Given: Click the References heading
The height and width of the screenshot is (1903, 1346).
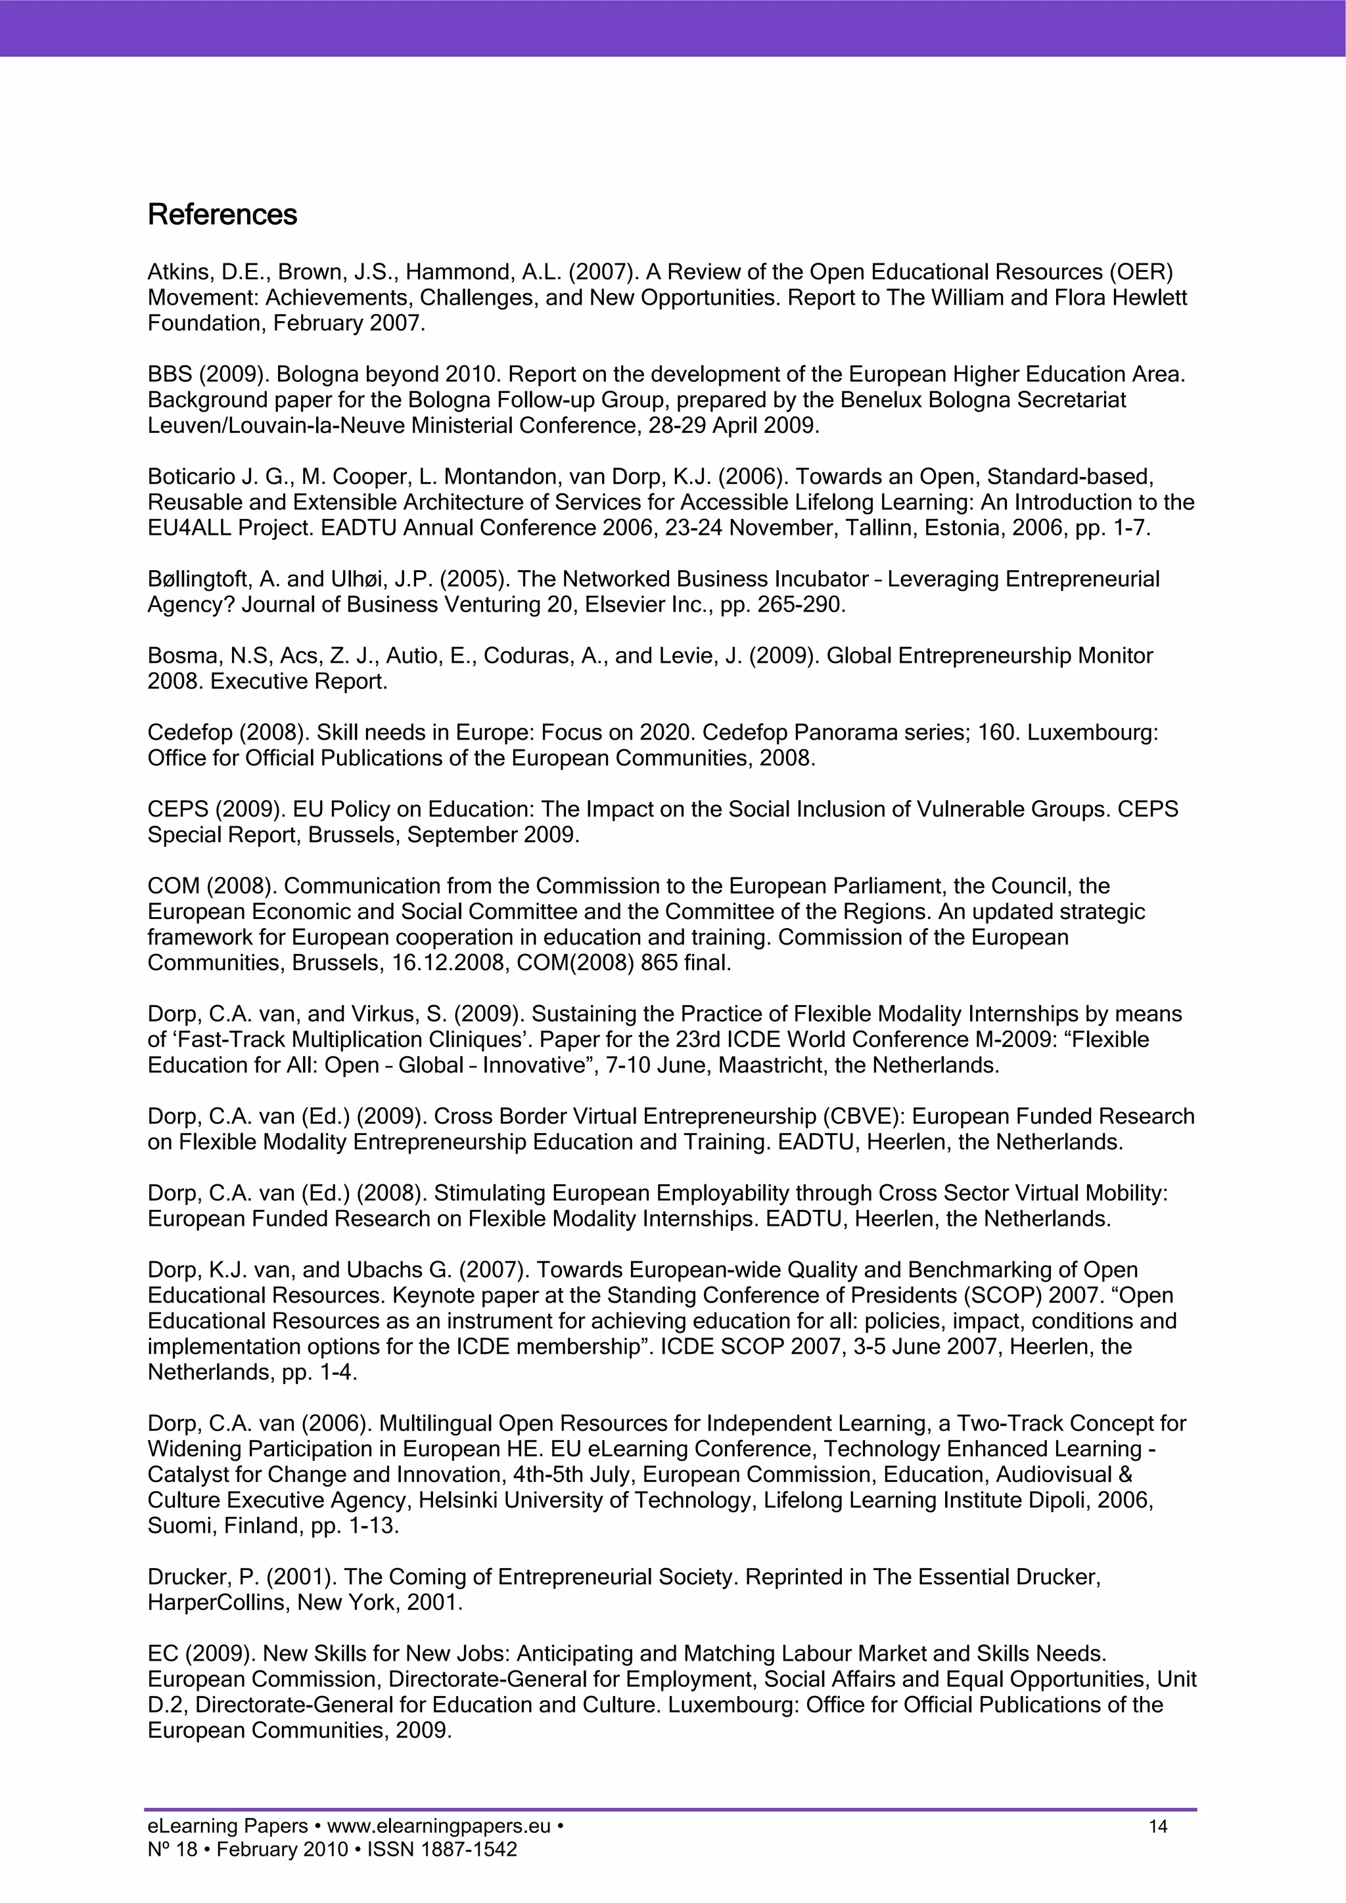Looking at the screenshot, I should [x=221, y=215].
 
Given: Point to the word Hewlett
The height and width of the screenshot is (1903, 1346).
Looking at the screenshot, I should [x=1150, y=298].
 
